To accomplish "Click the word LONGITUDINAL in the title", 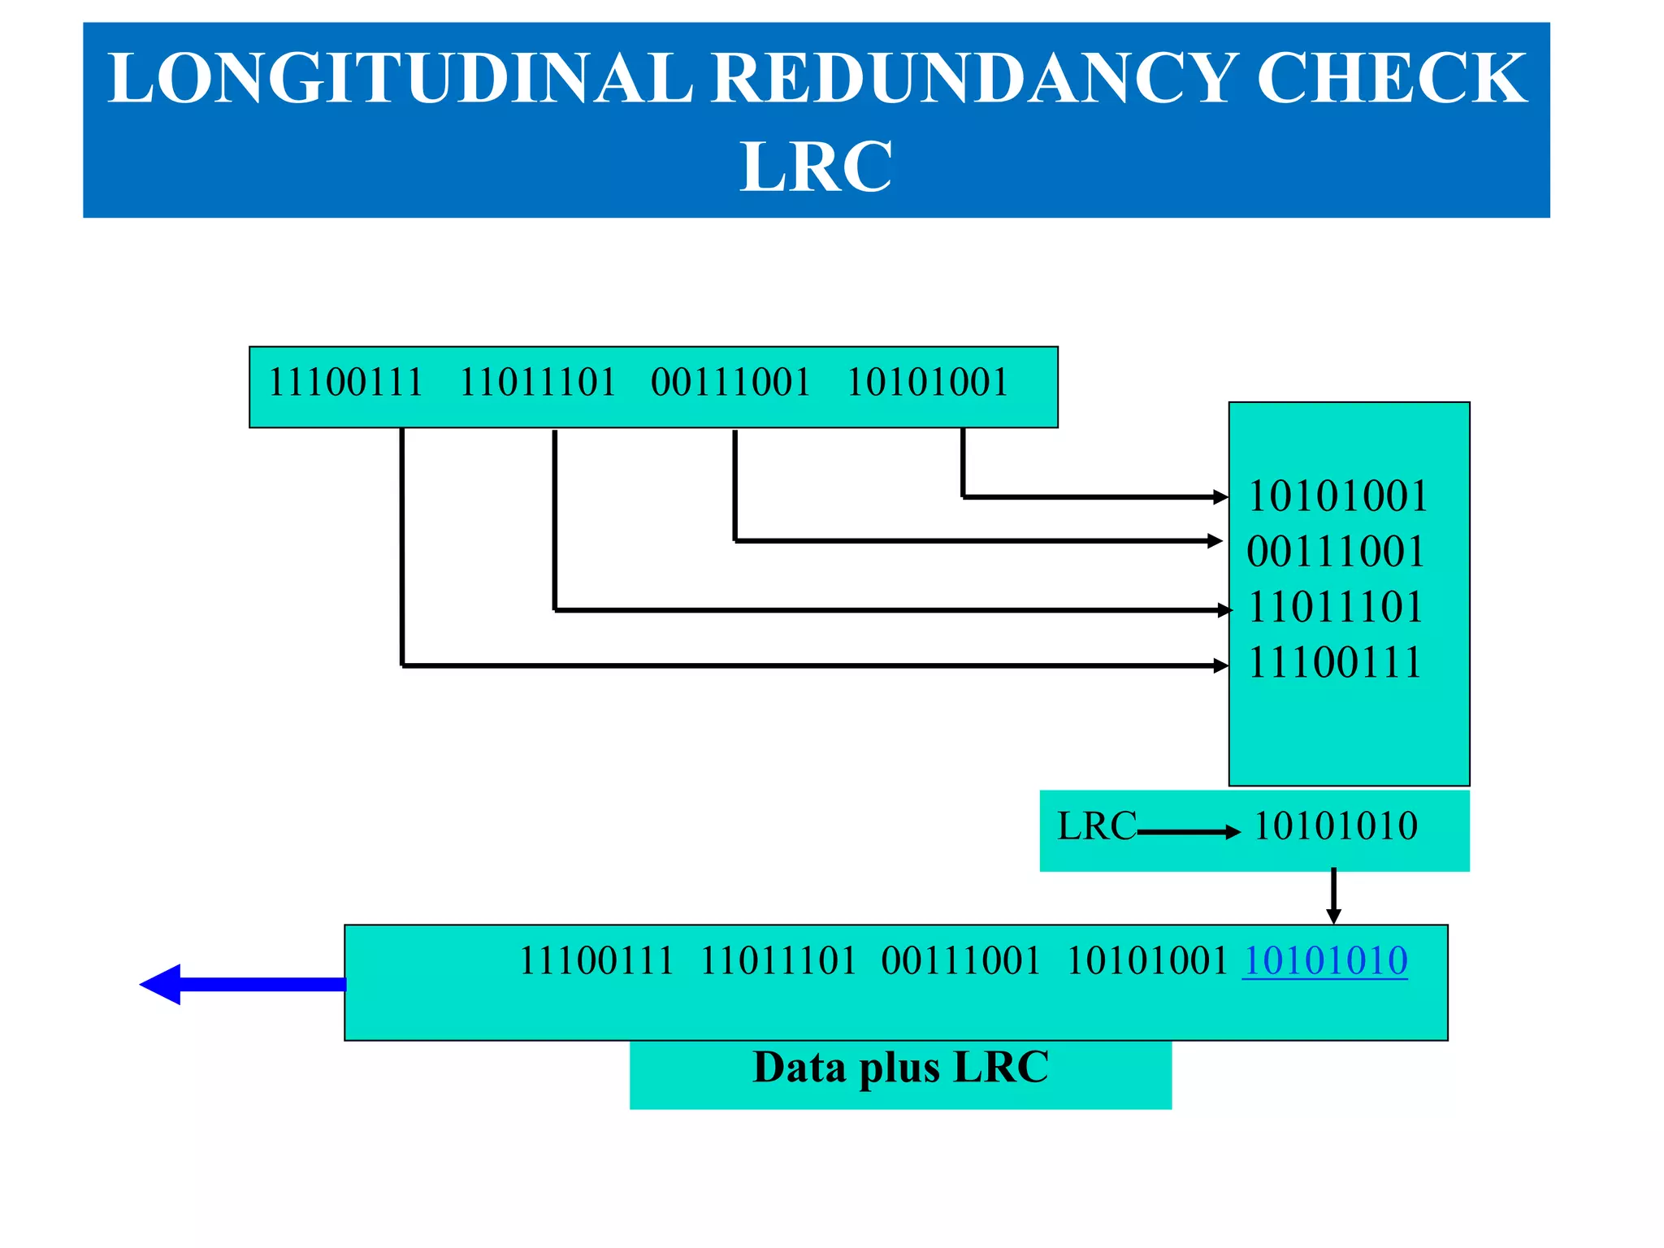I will pyautogui.click(x=400, y=78).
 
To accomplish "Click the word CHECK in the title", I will pyautogui.click(x=1391, y=78).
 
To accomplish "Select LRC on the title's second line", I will pyautogui.click(x=816, y=167).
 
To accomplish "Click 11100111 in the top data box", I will pyautogui.click(x=346, y=382).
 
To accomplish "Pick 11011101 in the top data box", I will pyautogui.click(x=538, y=382).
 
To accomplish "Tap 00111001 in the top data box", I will pyautogui.click(x=730, y=382).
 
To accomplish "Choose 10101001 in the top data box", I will pyautogui.click(x=927, y=382).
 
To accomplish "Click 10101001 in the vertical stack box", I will pyautogui.click(x=1337, y=496).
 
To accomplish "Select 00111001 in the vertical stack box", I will pyautogui.click(x=1336, y=552).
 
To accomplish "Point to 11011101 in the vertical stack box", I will pyautogui.click(x=1336, y=607).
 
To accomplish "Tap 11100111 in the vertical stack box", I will pyautogui.click(x=1335, y=662).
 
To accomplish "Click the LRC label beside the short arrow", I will pyautogui.click(x=1096, y=826).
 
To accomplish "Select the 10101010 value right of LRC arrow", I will pyautogui.click(x=1336, y=826).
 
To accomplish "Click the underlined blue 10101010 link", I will pyautogui.click(x=1324, y=961).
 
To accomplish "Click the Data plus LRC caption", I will pyautogui.click(x=900, y=1068).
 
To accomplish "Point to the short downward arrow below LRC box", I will pyautogui.click(x=1333, y=896).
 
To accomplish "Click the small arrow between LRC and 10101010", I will pyautogui.click(x=1189, y=832).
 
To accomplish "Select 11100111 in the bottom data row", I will pyautogui.click(x=596, y=961).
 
